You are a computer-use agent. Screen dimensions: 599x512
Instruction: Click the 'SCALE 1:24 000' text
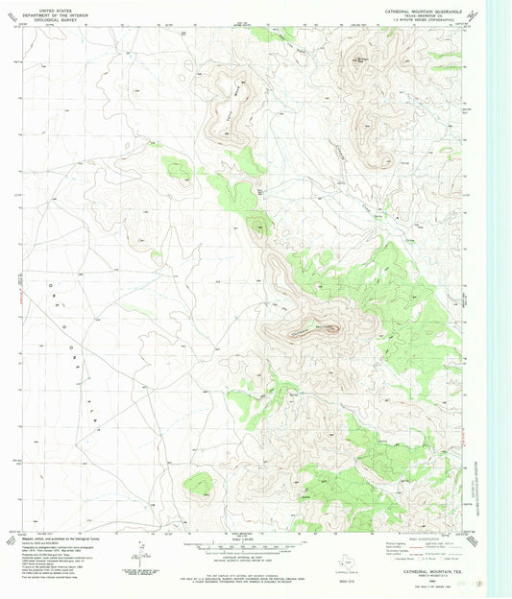[256, 535]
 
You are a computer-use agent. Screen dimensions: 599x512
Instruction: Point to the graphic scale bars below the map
[256, 543]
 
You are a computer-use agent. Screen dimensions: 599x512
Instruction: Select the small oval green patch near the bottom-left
[199, 485]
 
